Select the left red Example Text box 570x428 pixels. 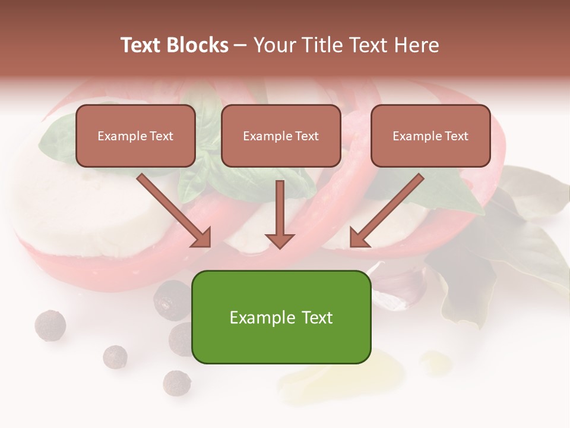[x=135, y=136]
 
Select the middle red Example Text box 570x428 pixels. [x=281, y=136]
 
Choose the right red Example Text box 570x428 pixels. [x=430, y=136]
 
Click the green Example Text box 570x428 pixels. [x=281, y=317]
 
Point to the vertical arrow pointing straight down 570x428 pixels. [x=280, y=214]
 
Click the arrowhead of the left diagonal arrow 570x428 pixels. [x=202, y=237]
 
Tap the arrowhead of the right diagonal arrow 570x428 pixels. [x=359, y=237]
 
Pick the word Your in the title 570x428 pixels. [x=274, y=45]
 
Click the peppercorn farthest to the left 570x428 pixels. [x=50, y=325]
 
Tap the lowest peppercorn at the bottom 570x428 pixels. [x=176, y=383]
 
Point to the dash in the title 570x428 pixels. [x=240, y=45]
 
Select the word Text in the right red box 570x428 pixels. [x=457, y=136]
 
